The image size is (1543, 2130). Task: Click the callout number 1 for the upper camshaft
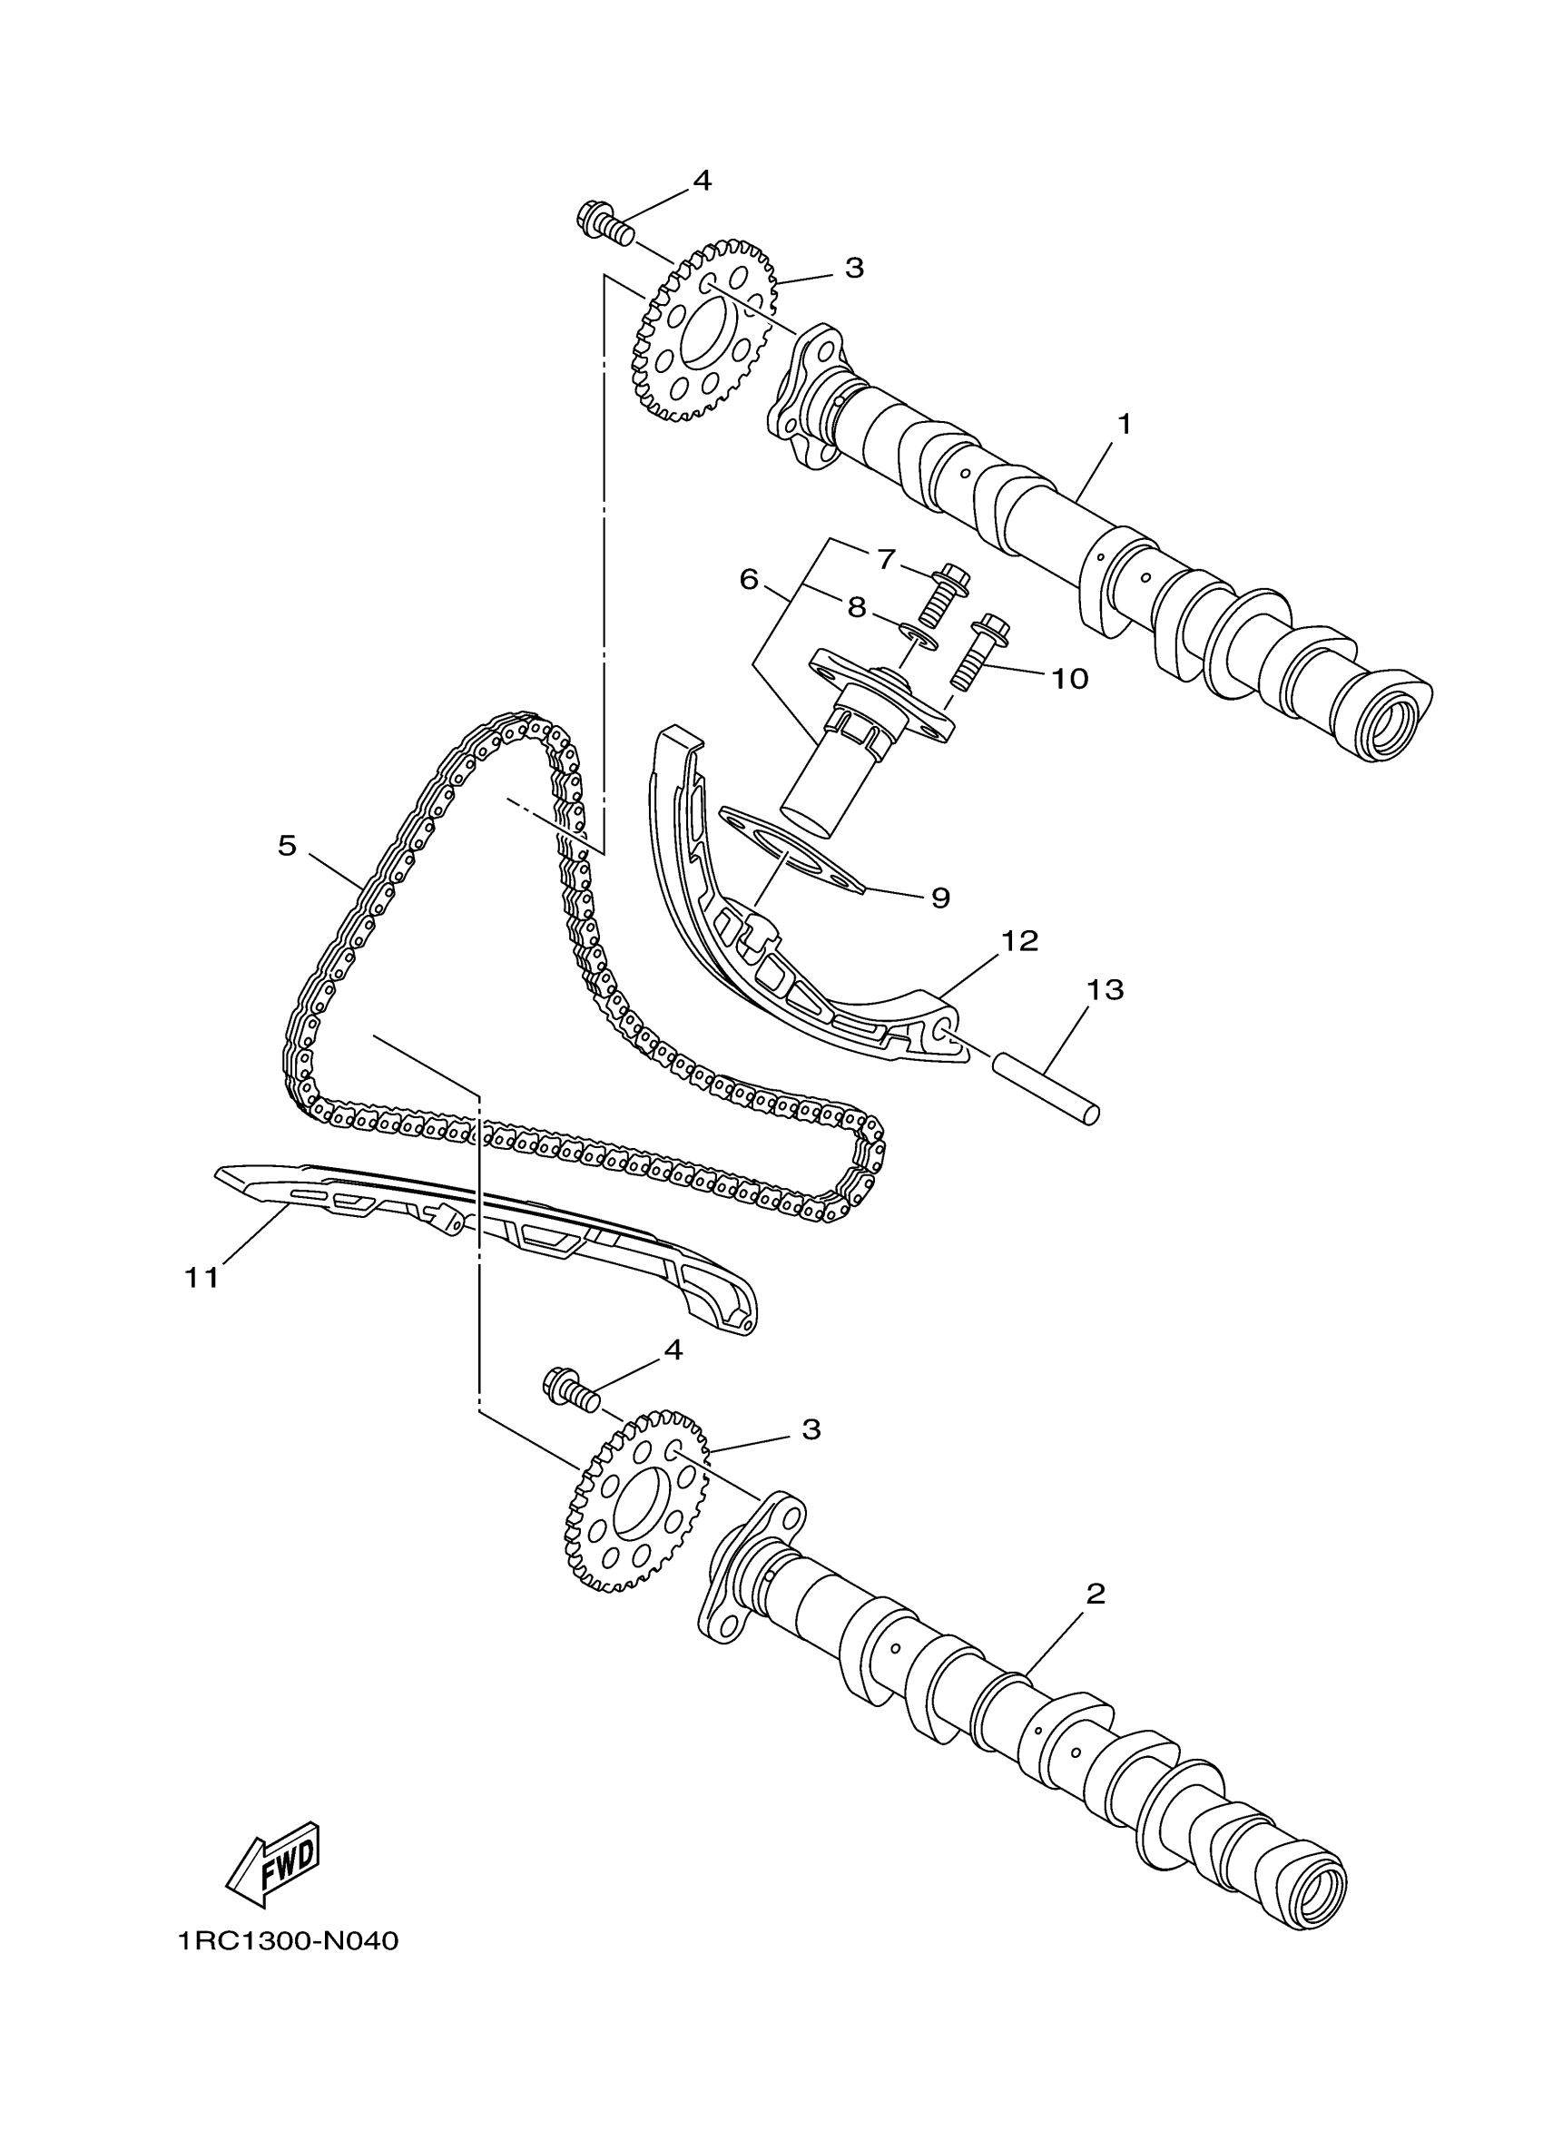click(x=1123, y=425)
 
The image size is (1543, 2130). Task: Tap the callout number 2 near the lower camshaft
click(x=1095, y=1594)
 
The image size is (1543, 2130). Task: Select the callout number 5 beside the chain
click(x=287, y=845)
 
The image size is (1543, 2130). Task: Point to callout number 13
click(x=1105, y=990)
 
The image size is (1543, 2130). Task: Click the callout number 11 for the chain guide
click(x=201, y=1276)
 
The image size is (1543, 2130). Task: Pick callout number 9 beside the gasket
click(x=940, y=898)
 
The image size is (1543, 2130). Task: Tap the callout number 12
click(x=1020, y=940)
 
